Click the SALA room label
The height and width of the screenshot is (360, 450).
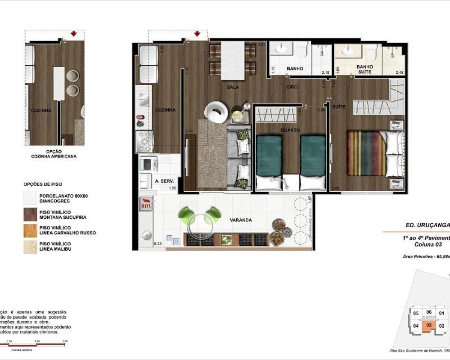[x=232, y=87]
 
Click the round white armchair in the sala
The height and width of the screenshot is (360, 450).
[x=217, y=111]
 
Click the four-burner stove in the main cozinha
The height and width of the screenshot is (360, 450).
[x=145, y=141]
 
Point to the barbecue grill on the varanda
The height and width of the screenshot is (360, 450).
[x=146, y=203]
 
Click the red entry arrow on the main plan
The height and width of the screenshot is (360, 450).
[x=197, y=34]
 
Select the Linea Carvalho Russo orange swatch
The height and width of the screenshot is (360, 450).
[x=30, y=230]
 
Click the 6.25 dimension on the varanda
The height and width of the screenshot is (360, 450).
[x=157, y=243]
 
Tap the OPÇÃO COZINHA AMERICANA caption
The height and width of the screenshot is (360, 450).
[x=54, y=154]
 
